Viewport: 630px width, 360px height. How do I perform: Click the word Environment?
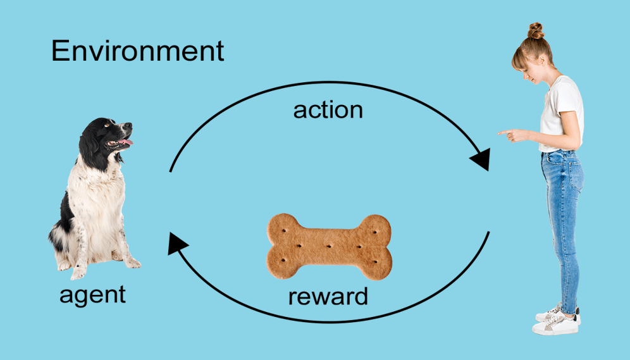pos(137,51)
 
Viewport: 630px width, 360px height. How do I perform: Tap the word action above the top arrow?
pos(328,109)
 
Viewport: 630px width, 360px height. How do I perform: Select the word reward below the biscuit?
pos(328,295)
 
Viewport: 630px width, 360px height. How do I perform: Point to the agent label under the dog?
pos(92,294)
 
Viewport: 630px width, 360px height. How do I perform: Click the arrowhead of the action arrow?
pos(481,159)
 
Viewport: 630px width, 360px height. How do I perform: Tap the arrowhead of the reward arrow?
pos(176,242)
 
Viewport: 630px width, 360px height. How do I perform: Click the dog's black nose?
pos(129,126)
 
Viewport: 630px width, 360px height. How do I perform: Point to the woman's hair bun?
pos(536,30)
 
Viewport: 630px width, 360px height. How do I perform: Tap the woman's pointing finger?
pos(503,133)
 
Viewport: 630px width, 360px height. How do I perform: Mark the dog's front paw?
pos(78,273)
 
